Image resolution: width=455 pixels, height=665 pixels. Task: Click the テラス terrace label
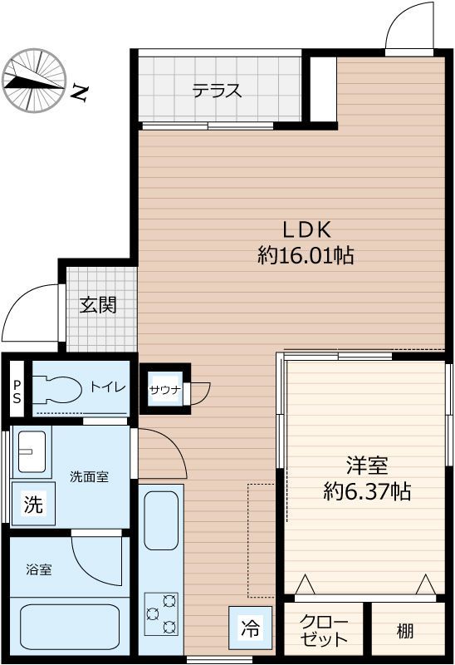click(x=217, y=91)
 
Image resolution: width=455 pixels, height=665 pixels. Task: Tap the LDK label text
click(x=308, y=229)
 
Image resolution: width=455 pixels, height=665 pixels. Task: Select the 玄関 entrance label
click(x=98, y=305)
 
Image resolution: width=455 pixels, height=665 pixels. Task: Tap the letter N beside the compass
click(x=79, y=92)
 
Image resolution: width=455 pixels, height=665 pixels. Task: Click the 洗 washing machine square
click(x=32, y=505)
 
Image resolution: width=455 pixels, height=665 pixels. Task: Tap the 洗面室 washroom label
click(x=89, y=477)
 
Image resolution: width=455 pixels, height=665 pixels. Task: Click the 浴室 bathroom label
click(x=39, y=569)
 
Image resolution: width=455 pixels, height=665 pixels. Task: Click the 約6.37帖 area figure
click(x=366, y=491)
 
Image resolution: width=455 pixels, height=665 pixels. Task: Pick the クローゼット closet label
click(x=324, y=631)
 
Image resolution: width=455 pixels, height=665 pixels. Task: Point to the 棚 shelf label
click(x=404, y=631)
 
